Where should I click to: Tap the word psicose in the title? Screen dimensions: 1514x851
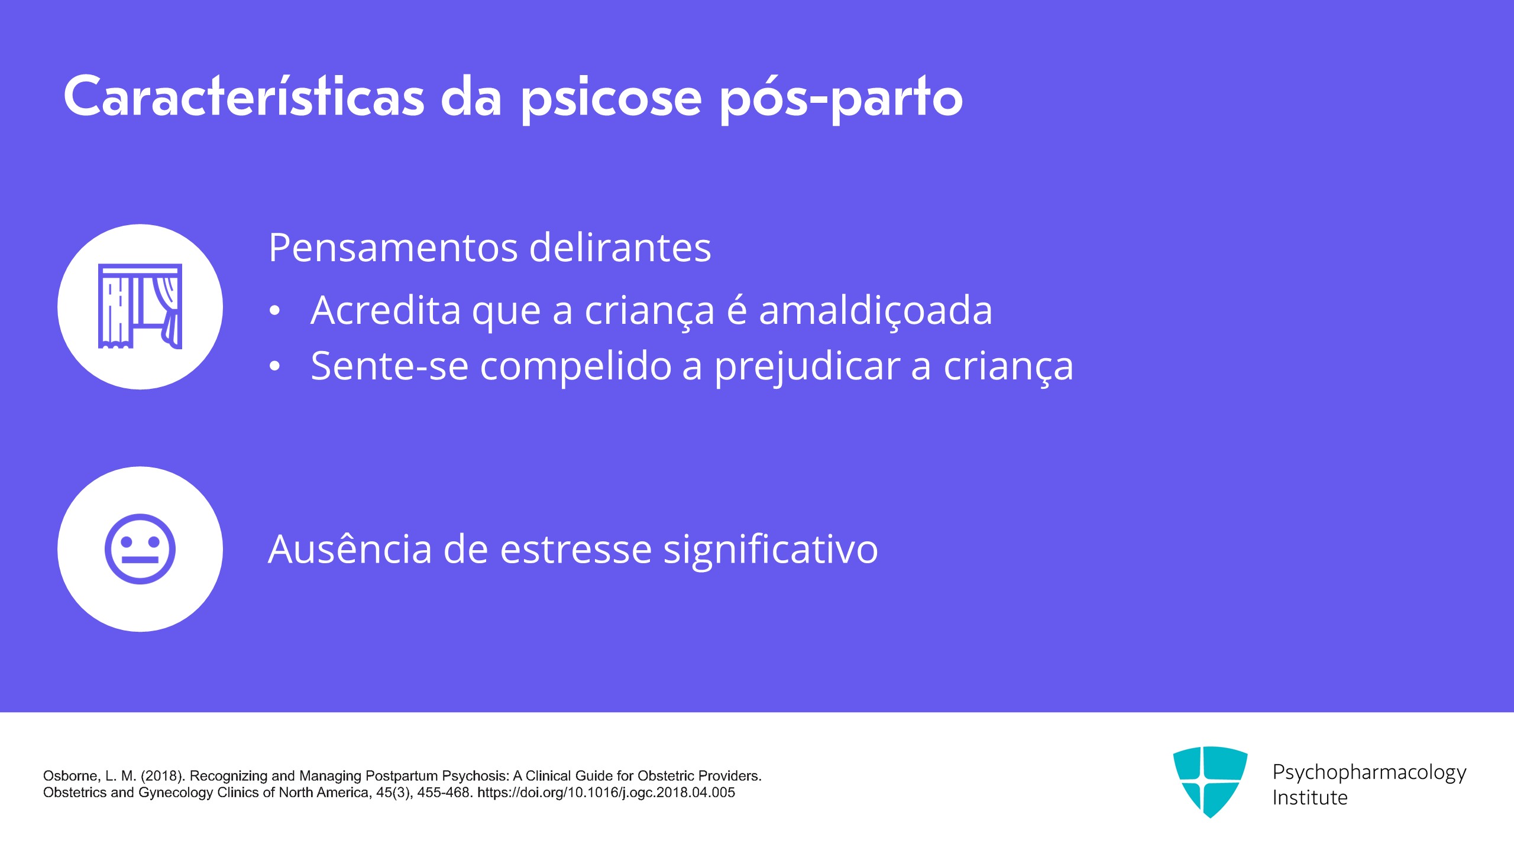point(611,100)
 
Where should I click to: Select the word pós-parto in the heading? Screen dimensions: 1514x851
point(841,100)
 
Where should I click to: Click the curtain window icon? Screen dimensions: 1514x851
point(140,306)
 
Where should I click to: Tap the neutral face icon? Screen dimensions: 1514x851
point(140,549)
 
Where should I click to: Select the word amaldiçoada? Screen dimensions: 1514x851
point(875,310)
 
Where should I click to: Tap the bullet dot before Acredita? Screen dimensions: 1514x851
point(274,311)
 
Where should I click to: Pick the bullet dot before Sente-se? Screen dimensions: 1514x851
point(274,366)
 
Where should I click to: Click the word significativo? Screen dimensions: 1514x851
point(771,551)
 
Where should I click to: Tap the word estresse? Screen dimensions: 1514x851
point(577,550)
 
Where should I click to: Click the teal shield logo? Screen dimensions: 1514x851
point(1210,782)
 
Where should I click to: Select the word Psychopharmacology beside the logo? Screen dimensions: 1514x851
point(1369,772)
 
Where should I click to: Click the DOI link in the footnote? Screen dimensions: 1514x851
point(606,792)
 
